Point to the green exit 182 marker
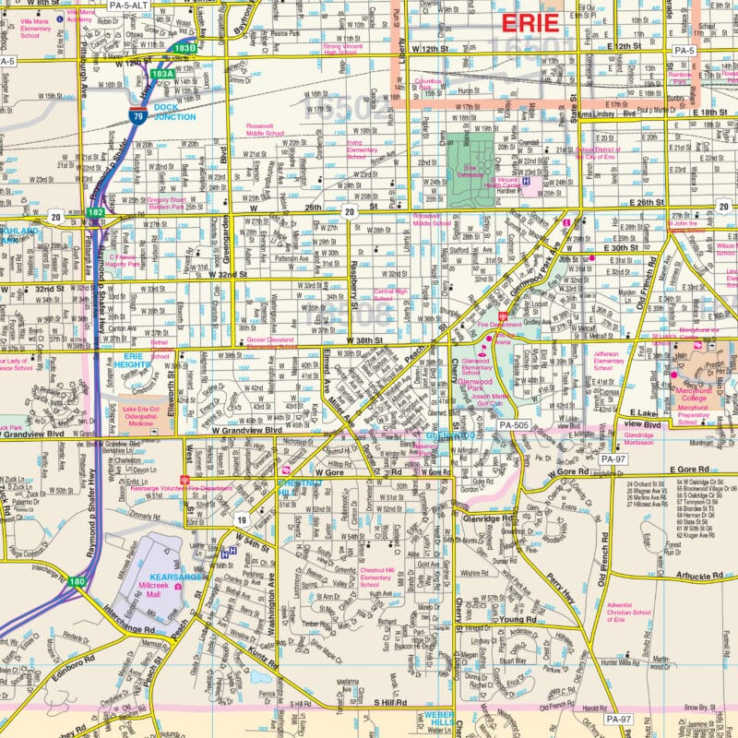coord(95,212)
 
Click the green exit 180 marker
coord(77,582)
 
